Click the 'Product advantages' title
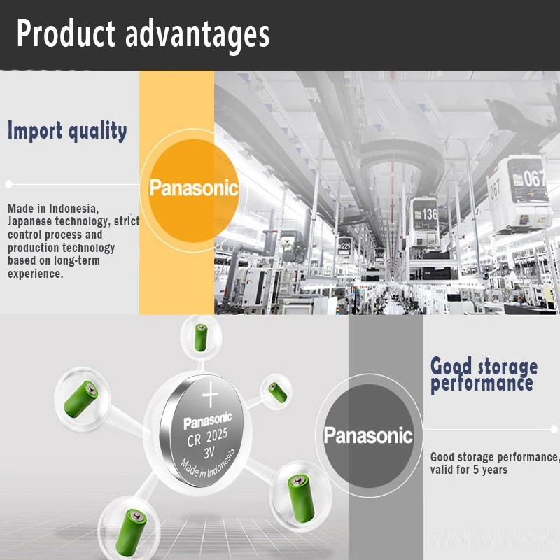(x=143, y=34)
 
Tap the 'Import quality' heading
(x=67, y=131)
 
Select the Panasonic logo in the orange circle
(x=194, y=188)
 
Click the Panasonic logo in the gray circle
(x=368, y=435)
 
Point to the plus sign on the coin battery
(x=211, y=394)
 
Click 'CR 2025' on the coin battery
(x=207, y=438)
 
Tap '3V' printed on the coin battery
(x=209, y=453)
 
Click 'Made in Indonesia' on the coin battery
(x=208, y=464)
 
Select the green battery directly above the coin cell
(x=201, y=337)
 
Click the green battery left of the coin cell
(x=81, y=399)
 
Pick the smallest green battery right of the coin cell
(x=277, y=392)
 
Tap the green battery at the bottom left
(x=131, y=532)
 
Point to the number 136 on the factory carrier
(x=430, y=214)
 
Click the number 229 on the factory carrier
(x=346, y=246)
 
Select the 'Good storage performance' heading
(x=484, y=375)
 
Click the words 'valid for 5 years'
(x=469, y=470)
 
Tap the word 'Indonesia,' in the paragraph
(x=74, y=209)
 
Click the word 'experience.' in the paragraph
(x=36, y=274)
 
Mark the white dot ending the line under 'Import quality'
(x=9, y=184)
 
